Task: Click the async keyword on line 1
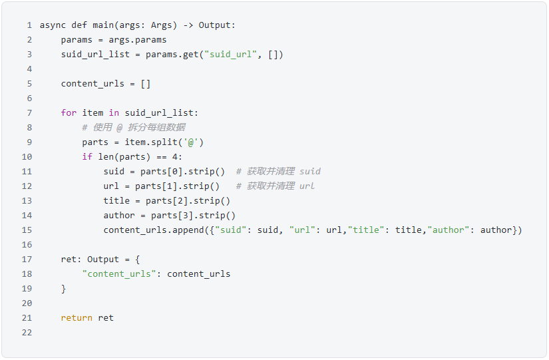pos(53,25)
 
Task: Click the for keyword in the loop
pos(69,113)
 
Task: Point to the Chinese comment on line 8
pos(134,128)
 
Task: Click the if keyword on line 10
pos(87,157)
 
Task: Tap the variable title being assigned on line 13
pos(116,201)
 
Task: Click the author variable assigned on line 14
pos(119,216)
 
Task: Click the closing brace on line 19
pos(64,289)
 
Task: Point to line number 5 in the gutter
pos(29,84)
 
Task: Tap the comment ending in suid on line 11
pos(278,172)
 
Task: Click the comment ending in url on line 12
pos(275,186)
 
